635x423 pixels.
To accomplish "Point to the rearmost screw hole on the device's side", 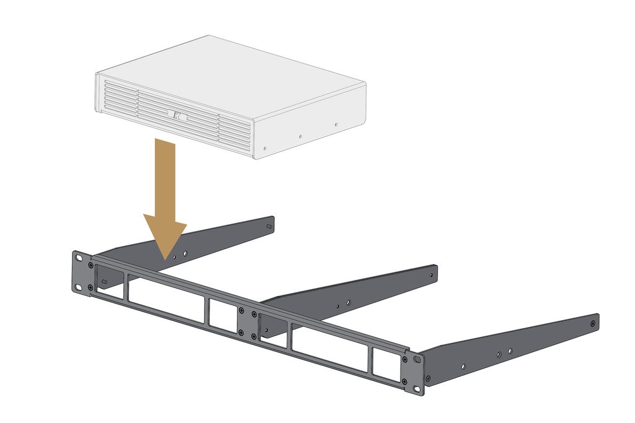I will [x=336, y=123].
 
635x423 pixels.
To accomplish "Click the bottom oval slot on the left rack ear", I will [x=79, y=287].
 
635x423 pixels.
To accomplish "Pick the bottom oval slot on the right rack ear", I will [x=416, y=388].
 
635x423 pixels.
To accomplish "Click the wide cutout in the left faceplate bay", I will [x=166, y=299].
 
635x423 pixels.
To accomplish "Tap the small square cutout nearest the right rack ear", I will [x=387, y=365].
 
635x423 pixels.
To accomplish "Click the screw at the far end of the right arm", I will [x=593, y=323].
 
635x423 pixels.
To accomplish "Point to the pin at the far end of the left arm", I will [x=268, y=227].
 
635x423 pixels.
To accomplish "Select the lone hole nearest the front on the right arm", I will [x=463, y=366].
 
